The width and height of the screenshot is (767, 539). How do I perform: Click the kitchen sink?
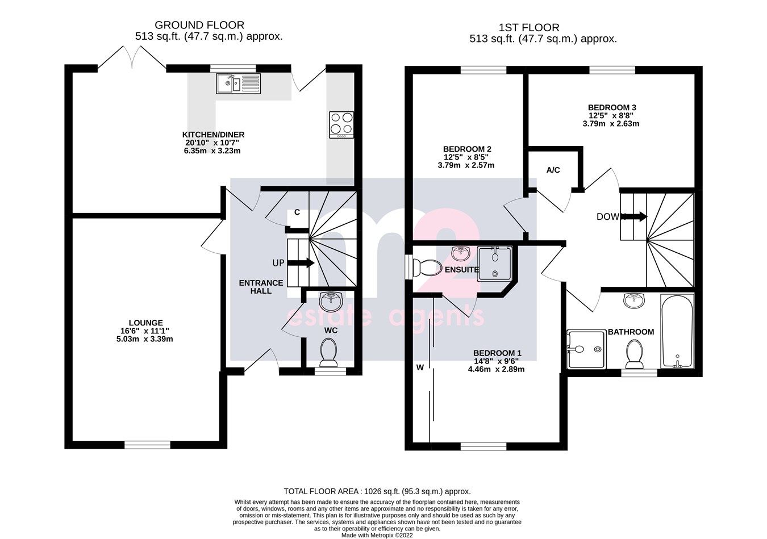click(x=237, y=84)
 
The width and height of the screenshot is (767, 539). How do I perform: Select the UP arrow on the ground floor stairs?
click(x=301, y=263)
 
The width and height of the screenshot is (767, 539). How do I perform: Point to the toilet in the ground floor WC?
click(x=328, y=352)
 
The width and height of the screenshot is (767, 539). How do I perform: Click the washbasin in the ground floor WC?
click(x=329, y=300)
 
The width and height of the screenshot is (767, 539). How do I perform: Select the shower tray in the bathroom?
click(x=585, y=349)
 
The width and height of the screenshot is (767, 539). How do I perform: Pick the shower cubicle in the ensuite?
click(x=496, y=263)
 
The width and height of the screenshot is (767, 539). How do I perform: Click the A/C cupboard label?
click(x=553, y=170)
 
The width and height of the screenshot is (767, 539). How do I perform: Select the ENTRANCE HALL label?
click(x=261, y=287)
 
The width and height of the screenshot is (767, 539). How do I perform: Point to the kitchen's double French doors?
click(x=132, y=59)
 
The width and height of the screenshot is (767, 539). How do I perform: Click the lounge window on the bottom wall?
click(x=147, y=444)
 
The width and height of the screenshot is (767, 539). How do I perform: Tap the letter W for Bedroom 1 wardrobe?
click(x=420, y=367)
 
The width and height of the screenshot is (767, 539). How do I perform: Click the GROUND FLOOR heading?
click(x=199, y=25)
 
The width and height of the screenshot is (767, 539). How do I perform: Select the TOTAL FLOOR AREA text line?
click(x=377, y=491)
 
